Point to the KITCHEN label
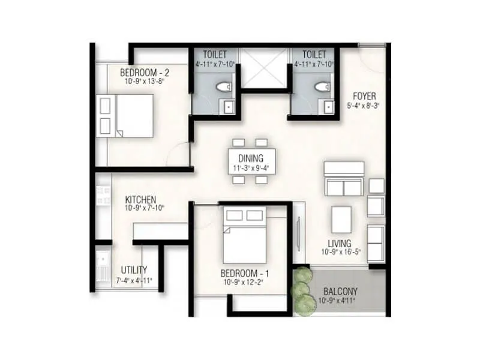[141, 199]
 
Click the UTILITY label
[134, 270]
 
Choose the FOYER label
[364, 95]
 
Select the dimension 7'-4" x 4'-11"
[134, 280]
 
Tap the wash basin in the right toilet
[328, 107]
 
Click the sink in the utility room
[103, 266]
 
